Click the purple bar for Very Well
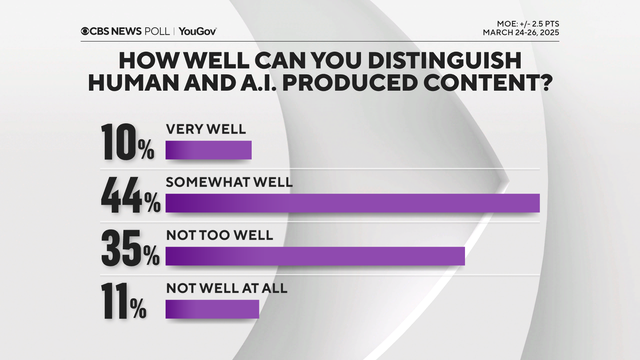[208, 151]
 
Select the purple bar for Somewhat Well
[352, 203]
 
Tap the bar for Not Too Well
[315, 256]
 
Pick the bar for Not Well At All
[212, 309]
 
